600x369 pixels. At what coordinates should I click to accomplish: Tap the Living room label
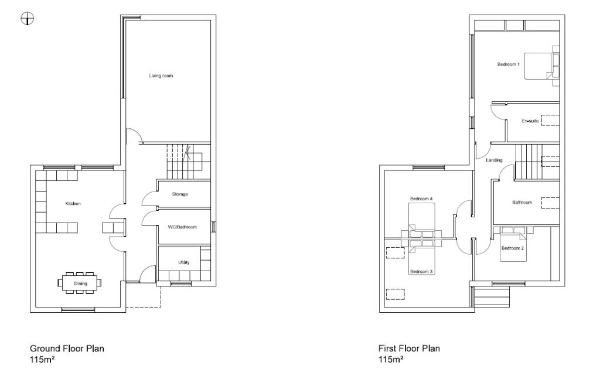coord(161,76)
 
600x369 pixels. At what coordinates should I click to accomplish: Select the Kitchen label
coord(73,203)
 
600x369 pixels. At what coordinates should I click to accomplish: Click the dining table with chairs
coord(80,282)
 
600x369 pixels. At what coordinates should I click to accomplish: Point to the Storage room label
coord(180,194)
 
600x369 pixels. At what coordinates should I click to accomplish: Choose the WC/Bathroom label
coord(183,227)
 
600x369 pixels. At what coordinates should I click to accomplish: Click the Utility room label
coord(183,262)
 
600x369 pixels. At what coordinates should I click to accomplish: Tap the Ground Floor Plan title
coord(67,348)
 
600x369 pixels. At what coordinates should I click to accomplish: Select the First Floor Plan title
coord(409,348)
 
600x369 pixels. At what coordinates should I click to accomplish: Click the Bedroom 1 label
coord(508,64)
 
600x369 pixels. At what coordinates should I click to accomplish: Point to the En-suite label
coord(530,121)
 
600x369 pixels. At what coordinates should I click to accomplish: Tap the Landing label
coord(494,160)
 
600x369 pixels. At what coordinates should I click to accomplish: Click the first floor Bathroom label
coord(522,202)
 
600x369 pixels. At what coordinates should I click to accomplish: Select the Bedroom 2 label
coord(512,248)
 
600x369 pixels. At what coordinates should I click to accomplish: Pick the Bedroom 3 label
coord(421,272)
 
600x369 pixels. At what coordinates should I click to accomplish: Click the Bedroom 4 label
coord(421,199)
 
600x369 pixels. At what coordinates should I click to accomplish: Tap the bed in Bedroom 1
coord(539,66)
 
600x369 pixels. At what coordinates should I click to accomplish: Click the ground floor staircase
coord(183,160)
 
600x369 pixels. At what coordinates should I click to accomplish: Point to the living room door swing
coord(135,136)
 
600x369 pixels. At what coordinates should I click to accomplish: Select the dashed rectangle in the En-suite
coord(550,121)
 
